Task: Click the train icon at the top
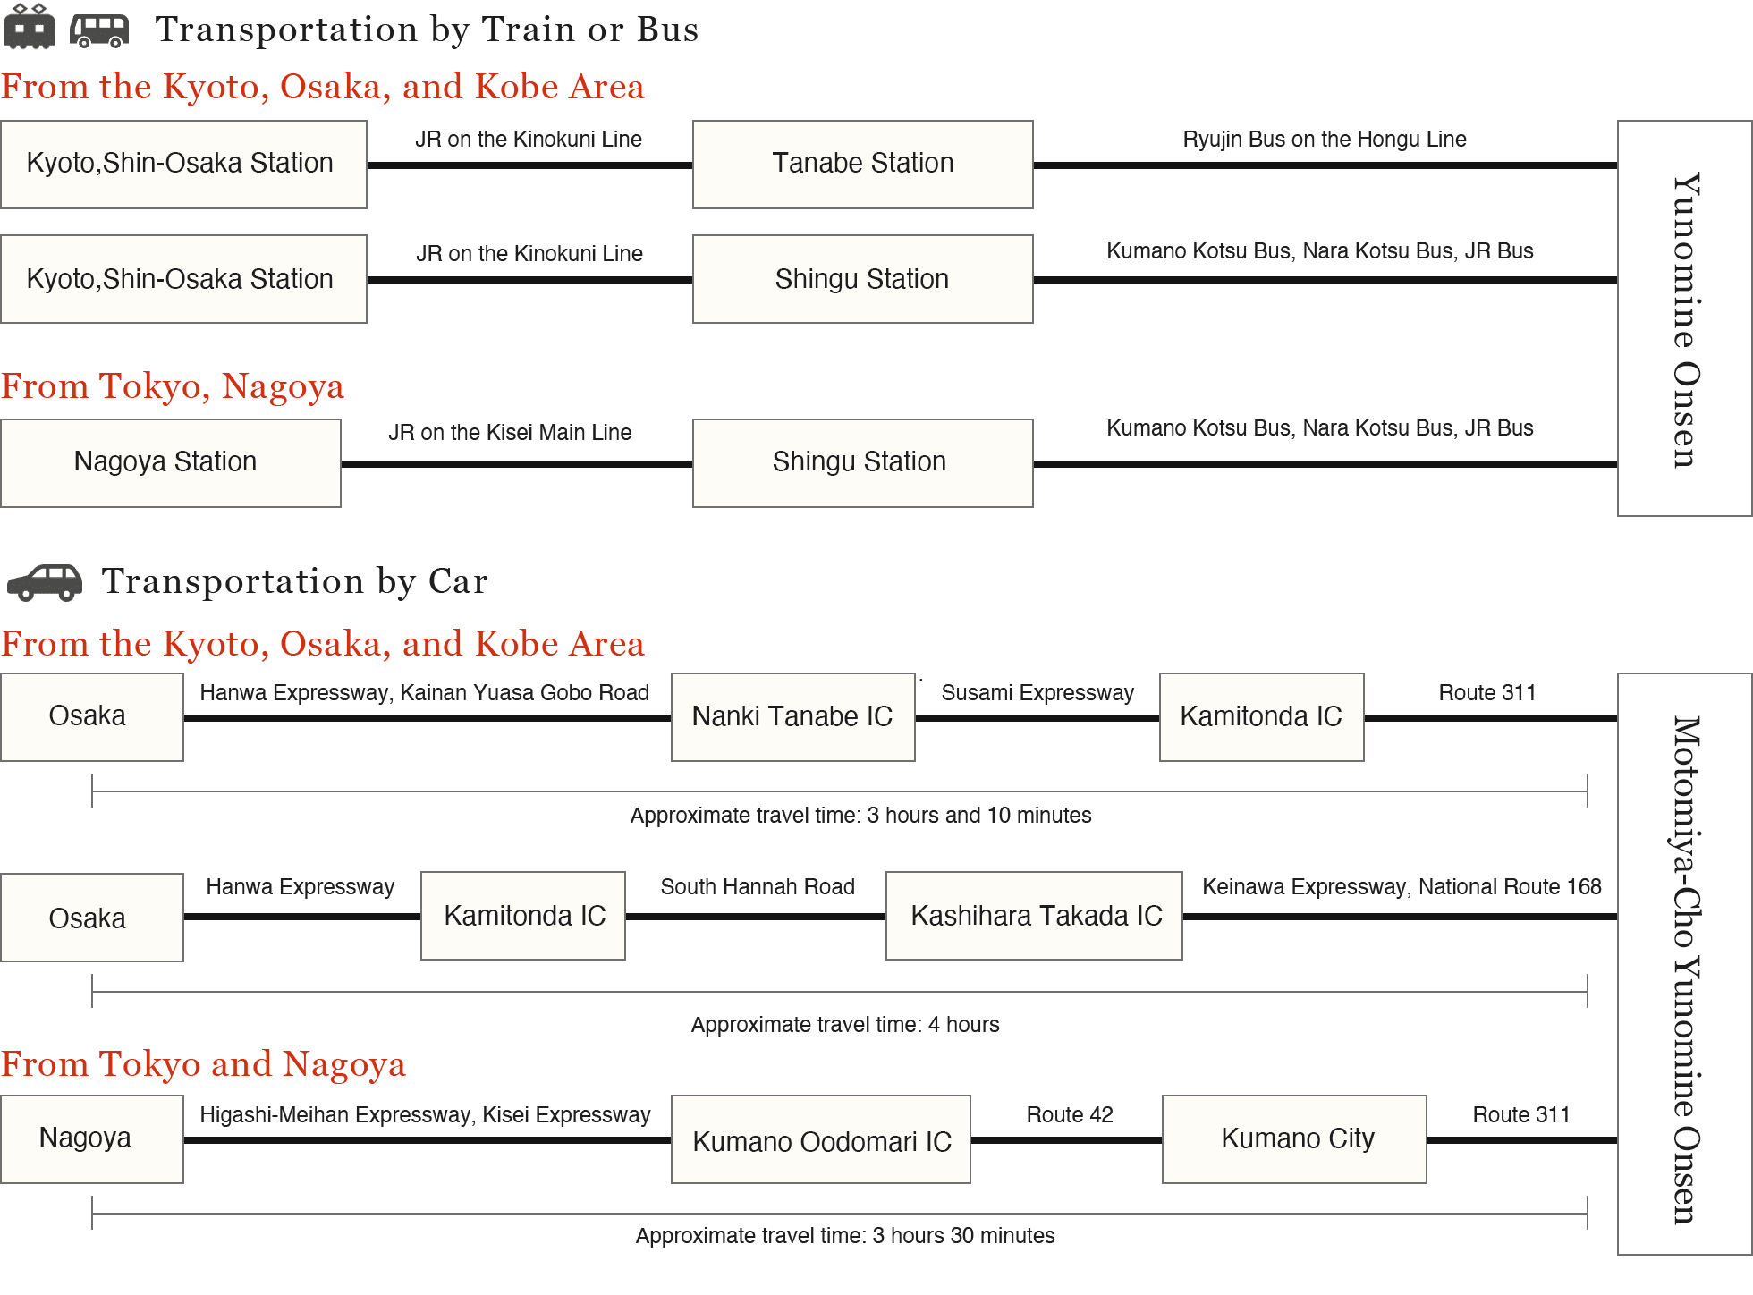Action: (30, 26)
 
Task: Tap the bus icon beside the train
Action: (99, 30)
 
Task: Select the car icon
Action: (45, 582)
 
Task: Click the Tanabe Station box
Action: (862, 165)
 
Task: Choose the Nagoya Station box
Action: (170, 463)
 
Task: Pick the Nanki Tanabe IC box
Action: (792, 717)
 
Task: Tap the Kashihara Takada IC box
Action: (1034, 916)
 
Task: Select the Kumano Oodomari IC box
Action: (821, 1139)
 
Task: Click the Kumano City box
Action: (1294, 1139)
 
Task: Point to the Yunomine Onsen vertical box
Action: (1685, 318)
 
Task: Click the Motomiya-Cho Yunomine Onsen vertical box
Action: (1685, 964)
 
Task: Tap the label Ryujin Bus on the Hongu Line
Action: (1325, 140)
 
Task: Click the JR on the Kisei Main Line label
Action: (510, 433)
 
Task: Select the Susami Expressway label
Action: (1037, 693)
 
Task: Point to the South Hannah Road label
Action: (758, 887)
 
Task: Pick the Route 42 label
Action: (1070, 1115)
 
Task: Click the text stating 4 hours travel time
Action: (845, 1025)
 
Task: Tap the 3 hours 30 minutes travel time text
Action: (845, 1236)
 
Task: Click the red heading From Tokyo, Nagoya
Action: (173, 387)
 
